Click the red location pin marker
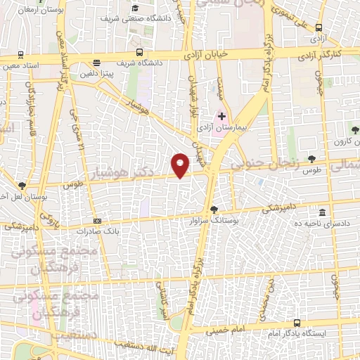[x=181, y=165]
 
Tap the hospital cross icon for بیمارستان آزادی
[x=222, y=116]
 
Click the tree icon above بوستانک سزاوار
[x=214, y=209]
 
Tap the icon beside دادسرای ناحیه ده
[x=322, y=212]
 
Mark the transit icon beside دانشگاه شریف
[x=139, y=52]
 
